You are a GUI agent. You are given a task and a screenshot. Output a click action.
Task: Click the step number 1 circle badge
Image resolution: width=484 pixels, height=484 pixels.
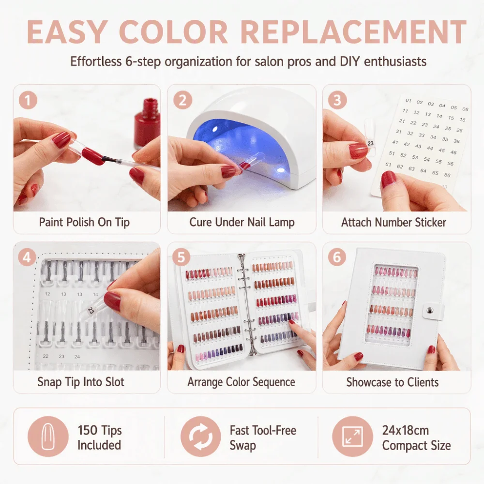tap(28, 100)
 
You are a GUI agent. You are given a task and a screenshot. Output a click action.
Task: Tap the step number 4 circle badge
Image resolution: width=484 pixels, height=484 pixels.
tap(27, 257)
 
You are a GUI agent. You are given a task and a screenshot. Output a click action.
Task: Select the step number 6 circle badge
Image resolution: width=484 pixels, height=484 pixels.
tap(337, 257)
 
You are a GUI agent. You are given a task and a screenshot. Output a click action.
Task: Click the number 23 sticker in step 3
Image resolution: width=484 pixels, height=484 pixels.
tap(370, 143)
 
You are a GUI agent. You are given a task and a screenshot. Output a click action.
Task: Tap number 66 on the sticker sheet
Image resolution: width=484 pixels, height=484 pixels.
tap(447, 175)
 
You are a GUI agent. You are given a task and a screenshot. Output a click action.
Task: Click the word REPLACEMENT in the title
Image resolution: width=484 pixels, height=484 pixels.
tap(353, 32)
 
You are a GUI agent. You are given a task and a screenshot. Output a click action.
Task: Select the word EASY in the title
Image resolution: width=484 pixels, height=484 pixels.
tap(67, 32)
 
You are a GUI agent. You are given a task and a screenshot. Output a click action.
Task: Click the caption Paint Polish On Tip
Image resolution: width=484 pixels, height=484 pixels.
tap(84, 222)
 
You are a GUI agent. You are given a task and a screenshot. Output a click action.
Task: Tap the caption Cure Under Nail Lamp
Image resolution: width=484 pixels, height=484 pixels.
tap(242, 222)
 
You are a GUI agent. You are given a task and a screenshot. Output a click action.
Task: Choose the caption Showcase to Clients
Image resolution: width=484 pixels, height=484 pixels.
tap(393, 382)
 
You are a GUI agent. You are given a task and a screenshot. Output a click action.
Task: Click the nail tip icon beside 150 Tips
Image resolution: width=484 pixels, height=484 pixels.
tap(48, 436)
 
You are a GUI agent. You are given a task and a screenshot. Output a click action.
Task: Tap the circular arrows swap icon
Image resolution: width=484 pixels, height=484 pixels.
tap(201, 436)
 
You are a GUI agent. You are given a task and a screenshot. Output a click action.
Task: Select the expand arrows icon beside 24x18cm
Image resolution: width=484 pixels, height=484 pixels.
tap(352, 436)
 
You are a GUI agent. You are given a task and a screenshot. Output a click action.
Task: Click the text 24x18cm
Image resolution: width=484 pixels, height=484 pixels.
tap(405, 430)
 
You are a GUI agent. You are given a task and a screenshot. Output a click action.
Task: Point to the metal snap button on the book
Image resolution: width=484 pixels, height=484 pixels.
tap(428, 310)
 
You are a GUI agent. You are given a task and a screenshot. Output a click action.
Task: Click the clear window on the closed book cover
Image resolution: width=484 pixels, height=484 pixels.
tap(392, 304)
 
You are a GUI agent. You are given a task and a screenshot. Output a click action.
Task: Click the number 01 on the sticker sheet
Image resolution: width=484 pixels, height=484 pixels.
tap(408, 100)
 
